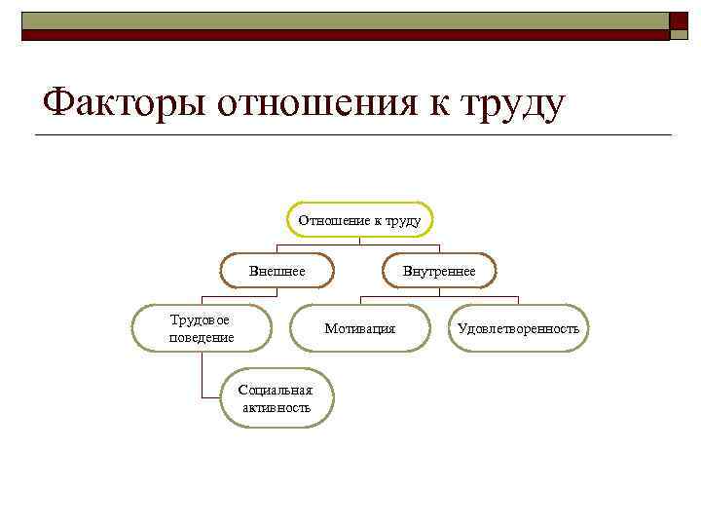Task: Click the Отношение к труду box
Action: tap(360, 220)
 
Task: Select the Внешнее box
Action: tap(277, 271)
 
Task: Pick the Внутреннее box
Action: tap(439, 271)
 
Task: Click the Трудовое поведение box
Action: tap(201, 328)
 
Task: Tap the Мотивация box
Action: tap(359, 328)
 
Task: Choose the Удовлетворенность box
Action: tap(518, 328)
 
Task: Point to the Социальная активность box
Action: tap(277, 398)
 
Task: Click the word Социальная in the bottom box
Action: tap(277, 391)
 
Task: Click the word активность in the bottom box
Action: tap(277, 407)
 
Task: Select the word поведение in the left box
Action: tap(201, 337)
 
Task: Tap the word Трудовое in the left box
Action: tap(201, 319)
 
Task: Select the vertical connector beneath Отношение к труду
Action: tap(360, 241)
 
